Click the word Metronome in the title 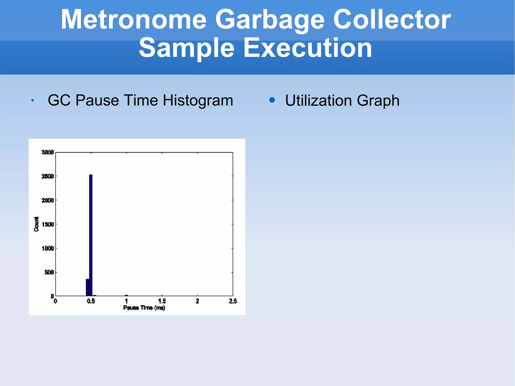pyautogui.click(x=134, y=20)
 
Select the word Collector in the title pyautogui.click(x=392, y=20)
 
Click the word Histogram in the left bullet pyautogui.click(x=198, y=100)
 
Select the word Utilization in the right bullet pyautogui.click(x=318, y=101)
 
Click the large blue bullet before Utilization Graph pyautogui.click(x=272, y=100)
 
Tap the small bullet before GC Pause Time pyautogui.click(x=32, y=101)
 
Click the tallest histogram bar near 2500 pyautogui.click(x=91, y=234)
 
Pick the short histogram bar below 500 pyautogui.click(x=88, y=287)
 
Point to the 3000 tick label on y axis pyautogui.click(x=48, y=152)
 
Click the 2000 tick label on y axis pyautogui.click(x=48, y=200)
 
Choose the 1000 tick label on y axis pyautogui.click(x=48, y=248)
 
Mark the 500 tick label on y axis pyautogui.click(x=49, y=272)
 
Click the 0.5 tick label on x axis pyautogui.click(x=91, y=301)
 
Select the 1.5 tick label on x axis pyautogui.click(x=162, y=301)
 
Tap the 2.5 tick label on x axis pyautogui.click(x=233, y=301)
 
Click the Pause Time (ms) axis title pyautogui.click(x=144, y=308)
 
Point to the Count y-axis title pyautogui.click(x=36, y=224)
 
